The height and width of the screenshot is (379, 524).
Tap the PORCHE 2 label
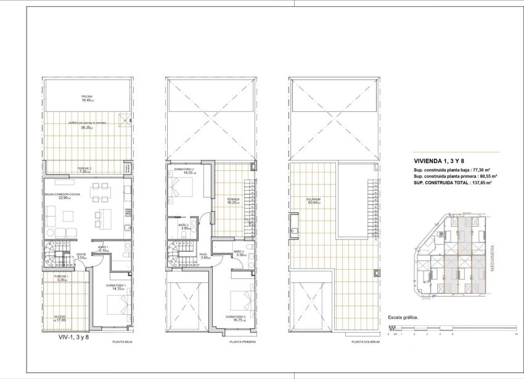tap(84, 169)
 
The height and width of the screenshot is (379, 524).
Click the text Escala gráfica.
tap(403, 319)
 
